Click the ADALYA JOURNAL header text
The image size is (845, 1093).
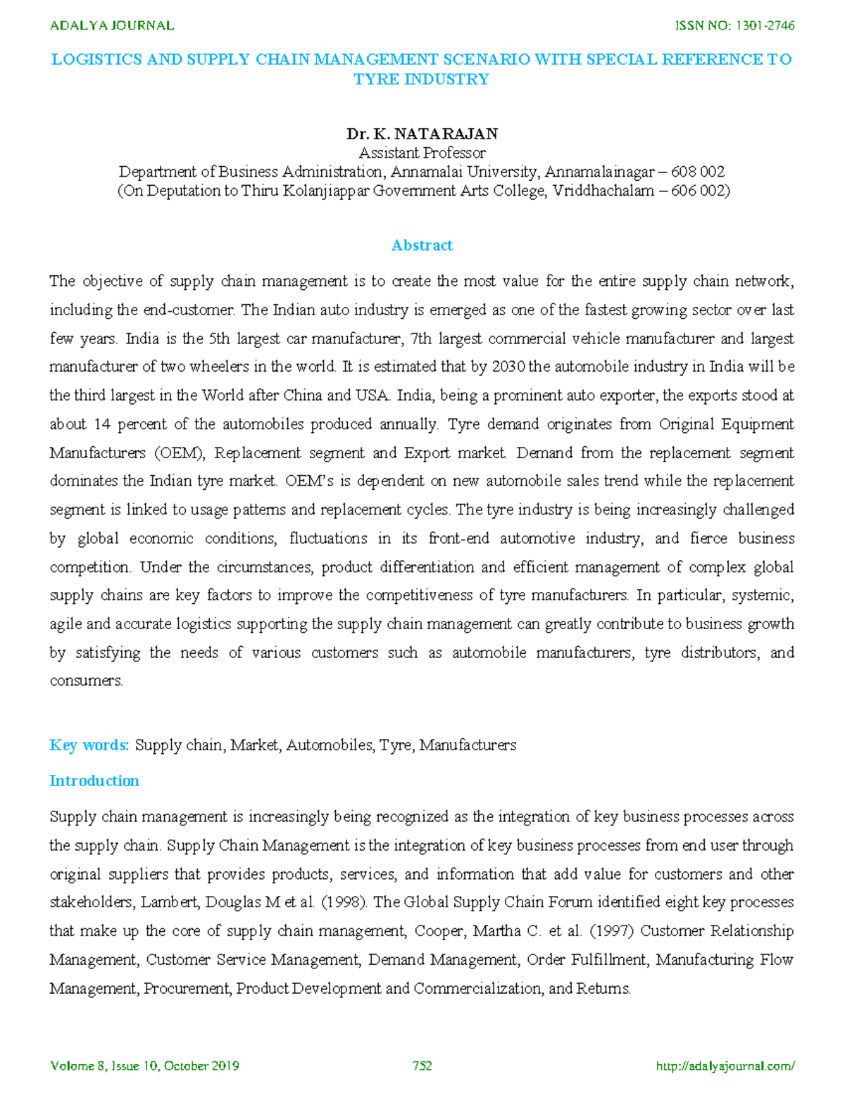point(112,26)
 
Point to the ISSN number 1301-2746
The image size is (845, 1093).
point(765,26)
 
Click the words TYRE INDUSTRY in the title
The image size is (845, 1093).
point(421,80)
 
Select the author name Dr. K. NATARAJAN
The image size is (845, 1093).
point(422,134)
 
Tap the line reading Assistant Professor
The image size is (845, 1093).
point(422,153)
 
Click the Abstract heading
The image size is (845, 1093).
point(422,245)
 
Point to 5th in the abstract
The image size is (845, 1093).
point(219,339)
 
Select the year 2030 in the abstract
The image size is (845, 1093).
point(508,367)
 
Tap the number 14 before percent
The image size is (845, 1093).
point(102,424)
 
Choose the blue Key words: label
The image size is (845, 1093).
point(89,745)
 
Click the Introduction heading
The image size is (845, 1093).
point(94,781)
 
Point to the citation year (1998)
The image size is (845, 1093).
point(344,902)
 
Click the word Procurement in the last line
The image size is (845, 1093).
point(187,988)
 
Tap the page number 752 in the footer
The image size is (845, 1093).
point(422,1066)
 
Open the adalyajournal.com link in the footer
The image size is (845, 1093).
point(725,1066)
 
